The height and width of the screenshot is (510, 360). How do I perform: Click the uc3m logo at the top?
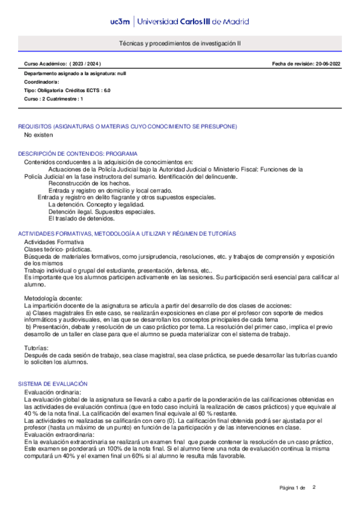(x=121, y=22)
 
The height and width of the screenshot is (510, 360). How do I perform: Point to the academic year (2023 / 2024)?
(x=85, y=63)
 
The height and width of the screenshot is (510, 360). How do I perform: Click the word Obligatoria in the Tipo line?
(x=53, y=90)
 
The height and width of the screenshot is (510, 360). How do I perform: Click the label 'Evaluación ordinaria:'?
(x=52, y=392)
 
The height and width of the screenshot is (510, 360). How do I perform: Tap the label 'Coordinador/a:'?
(x=41, y=81)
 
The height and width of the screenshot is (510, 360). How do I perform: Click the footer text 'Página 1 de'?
(x=293, y=487)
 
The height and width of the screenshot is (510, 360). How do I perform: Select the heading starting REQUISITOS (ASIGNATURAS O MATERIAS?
(x=127, y=126)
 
